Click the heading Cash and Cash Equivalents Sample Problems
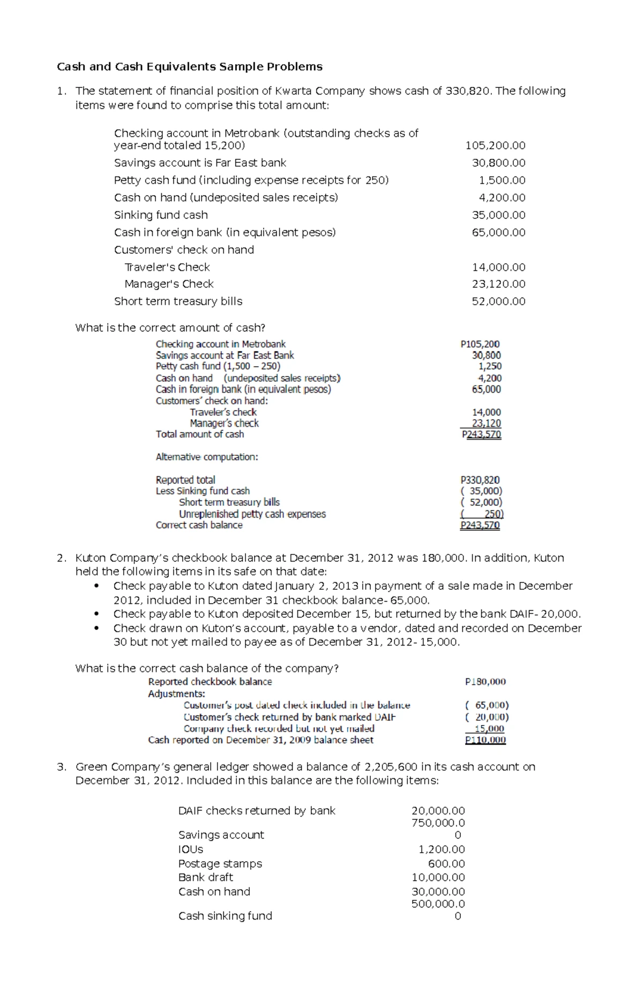[190, 66]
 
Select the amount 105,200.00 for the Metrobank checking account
[495, 145]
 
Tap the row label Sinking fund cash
[161, 215]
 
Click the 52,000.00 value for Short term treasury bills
[498, 301]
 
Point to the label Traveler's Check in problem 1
[167, 267]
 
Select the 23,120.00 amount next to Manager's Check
[498, 284]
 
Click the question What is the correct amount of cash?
[170, 328]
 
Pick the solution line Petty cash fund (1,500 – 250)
[218, 366]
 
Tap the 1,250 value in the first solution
[490, 366]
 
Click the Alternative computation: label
[207, 457]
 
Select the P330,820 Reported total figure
[480, 480]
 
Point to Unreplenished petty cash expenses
[252, 514]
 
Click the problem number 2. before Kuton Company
[62, 558]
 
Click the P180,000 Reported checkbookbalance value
[485, 682]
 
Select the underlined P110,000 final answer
[485, 740]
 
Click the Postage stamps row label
[220, 863]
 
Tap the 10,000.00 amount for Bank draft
[438, 877]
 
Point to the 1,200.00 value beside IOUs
[442, 849]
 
